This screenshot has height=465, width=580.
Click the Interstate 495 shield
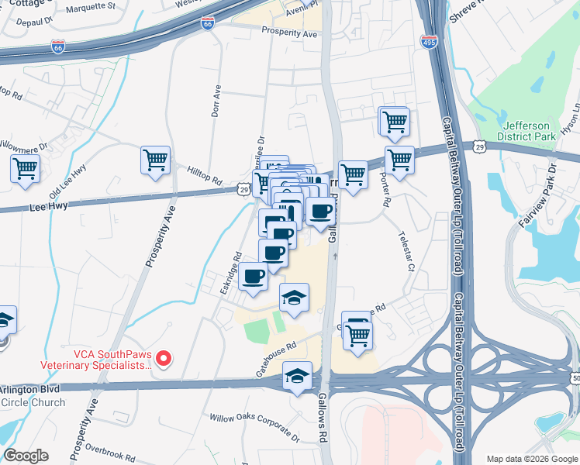[428, 41]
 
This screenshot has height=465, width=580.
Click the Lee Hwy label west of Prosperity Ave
[48, 206]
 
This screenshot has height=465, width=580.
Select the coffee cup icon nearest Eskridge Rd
[253, 277]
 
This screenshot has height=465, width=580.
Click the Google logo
[26, 456]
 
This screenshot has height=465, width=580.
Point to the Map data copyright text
[532, 459]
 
